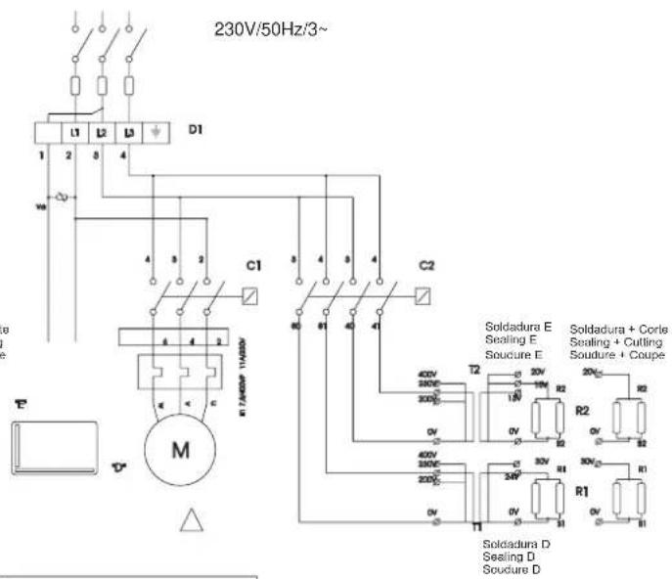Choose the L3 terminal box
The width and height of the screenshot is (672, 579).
pyautogui.click(x=129, y=131)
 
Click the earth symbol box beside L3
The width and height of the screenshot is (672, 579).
pyautogui.click(x=156, y=131)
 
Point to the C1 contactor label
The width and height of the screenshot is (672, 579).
pyautogui.click(x=254, y=265)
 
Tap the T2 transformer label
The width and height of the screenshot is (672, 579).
pyautogui.click(x=475, y=371)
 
